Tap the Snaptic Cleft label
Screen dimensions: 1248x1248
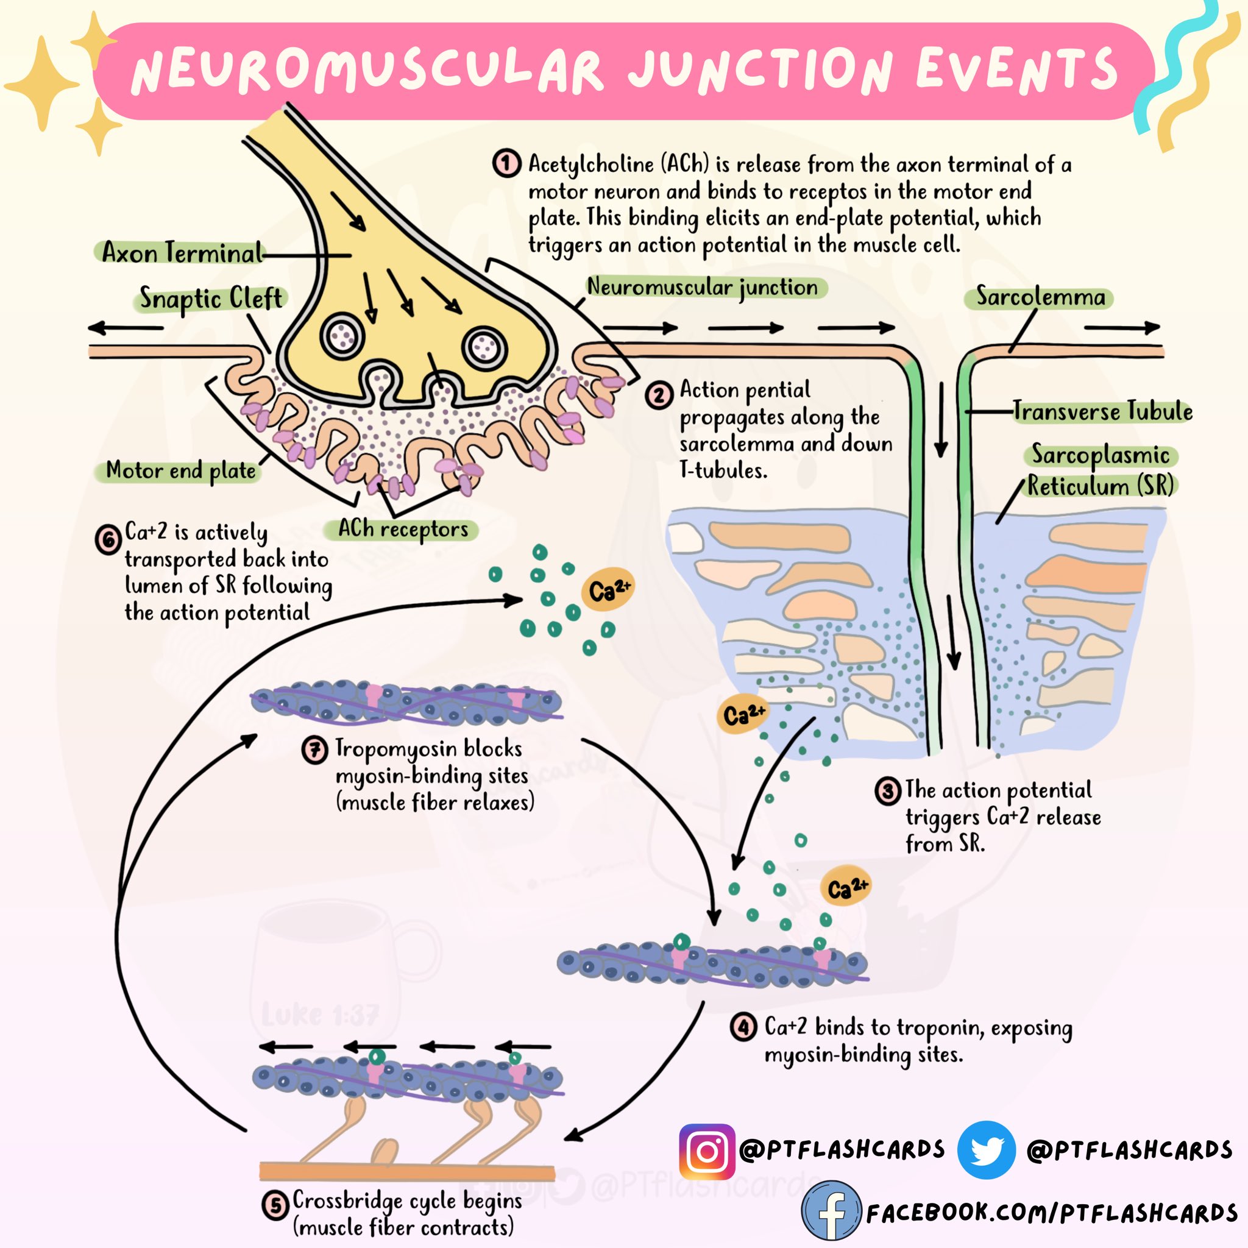pos(211,299)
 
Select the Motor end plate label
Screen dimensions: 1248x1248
pos(181,470)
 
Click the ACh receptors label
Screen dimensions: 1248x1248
pos(402,529)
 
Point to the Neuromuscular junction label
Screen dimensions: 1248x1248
pos(702,287)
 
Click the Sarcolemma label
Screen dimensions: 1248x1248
pos(1040,297)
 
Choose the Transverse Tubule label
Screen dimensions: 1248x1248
pos(1102,411)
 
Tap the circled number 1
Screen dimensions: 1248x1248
pos(506,163)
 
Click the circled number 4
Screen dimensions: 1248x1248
pos(743,1026)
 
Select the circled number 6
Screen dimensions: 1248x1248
pos(108,540)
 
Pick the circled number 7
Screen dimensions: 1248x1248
pos(314,750)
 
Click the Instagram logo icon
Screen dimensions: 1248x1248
pos(707,1152)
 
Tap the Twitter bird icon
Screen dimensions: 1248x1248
pos(986,1150)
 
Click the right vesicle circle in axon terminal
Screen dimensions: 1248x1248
pos(484,349)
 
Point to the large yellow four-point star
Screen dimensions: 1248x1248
pos(42,84)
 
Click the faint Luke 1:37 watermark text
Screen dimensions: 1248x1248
pos(321,1015)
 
